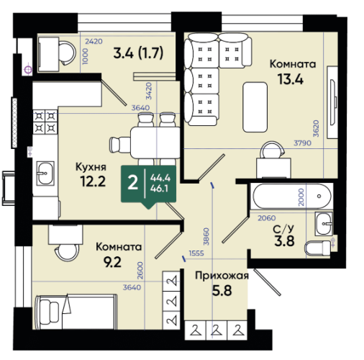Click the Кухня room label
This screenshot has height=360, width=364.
(91, 167)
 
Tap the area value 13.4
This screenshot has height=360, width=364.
(291, 79)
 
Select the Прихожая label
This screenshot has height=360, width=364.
(222, 276)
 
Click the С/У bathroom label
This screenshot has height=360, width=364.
(283, 230)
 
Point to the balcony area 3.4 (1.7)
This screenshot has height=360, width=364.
(138, 53)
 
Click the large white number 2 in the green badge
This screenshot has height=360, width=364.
(133, 183)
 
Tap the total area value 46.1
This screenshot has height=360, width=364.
(159, 189)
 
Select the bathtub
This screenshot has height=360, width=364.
(291, 196)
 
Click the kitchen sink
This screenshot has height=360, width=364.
(45, 173)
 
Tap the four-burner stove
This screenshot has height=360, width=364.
(45, 122)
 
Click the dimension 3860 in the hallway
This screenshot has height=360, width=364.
(206, 236)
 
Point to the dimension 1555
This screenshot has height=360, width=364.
(196, 253)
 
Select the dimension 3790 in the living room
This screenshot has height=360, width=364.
(303, 143)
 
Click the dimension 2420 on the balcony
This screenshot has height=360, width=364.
(94, 42)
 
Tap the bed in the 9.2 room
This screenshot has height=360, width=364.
(76, 312)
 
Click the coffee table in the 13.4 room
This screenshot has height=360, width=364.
(255, 107)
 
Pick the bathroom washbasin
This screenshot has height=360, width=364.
(324, 224)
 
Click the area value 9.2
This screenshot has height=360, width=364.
(112, 262)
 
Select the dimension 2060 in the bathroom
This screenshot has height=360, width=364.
(267, 218)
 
